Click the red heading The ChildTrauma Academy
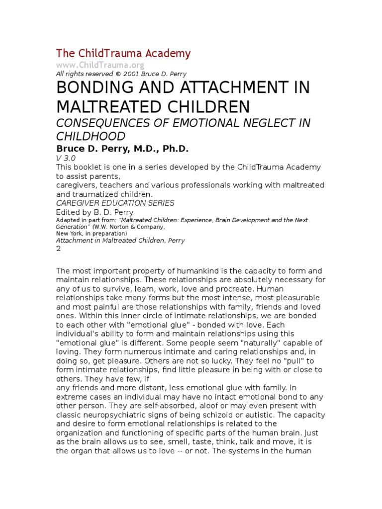click(123, 53)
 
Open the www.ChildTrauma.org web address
click(100, 65)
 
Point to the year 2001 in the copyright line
click(137, 74)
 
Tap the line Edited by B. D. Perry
click(95, 212)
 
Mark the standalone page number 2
click(59, 250)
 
